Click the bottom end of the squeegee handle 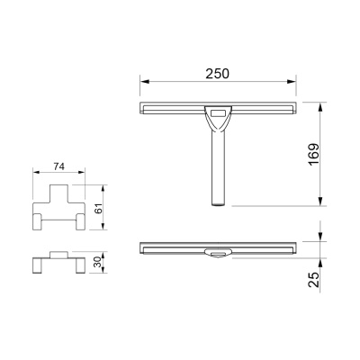218,205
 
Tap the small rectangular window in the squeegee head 218,113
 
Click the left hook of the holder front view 40,221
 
